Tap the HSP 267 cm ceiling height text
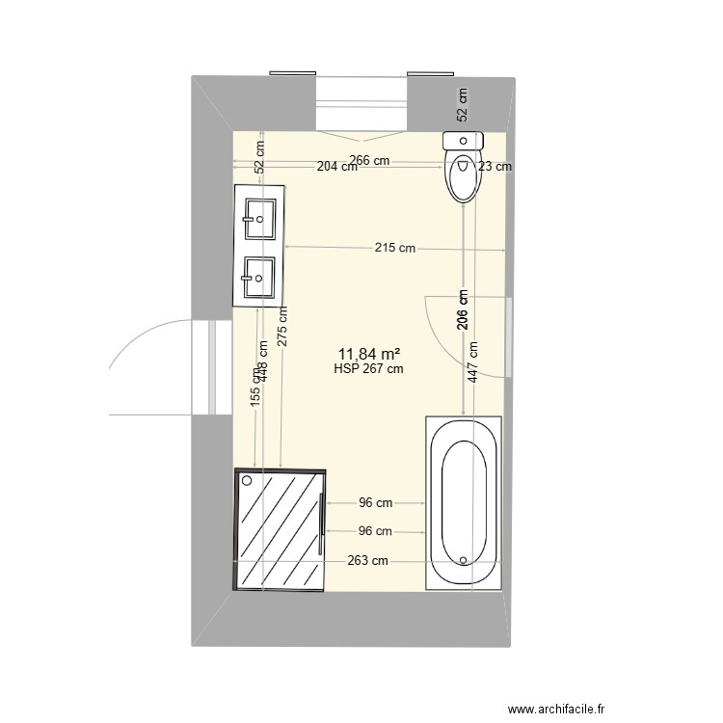click(x=368, y=367)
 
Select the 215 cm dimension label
click(x=395, y=248)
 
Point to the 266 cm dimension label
click(x=369, y=161)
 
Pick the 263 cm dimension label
click(x=368, y=561)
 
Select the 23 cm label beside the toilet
click(x=495, y=166)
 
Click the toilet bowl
click(x=463, y=176)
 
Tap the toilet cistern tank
click(x=462, y=141)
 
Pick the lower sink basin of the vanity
click(x=260, y=277)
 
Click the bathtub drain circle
click(x=464, y=559)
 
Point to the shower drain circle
click(x=248, y=480)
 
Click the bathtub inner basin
click(x=464, y=501)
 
